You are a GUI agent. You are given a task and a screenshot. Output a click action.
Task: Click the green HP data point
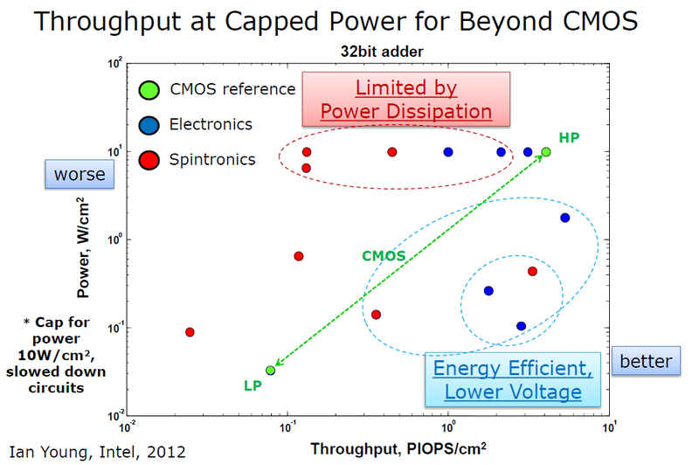[546, 152]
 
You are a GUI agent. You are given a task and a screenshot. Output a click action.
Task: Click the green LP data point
[271, 371]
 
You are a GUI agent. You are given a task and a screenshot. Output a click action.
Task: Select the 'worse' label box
[80, 175]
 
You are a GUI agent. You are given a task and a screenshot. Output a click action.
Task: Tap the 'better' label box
[647, 361]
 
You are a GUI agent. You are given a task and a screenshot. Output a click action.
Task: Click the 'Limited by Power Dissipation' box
[405, 100]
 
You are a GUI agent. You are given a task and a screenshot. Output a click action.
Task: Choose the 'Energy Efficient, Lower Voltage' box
[513, 379]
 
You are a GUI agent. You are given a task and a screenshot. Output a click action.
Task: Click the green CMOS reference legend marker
[149, 88]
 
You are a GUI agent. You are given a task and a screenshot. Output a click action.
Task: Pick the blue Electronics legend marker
[149, 124]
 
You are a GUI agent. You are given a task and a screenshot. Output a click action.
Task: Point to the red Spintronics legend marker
[149, 159]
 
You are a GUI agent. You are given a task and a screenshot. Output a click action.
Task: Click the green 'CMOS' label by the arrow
[384, 256]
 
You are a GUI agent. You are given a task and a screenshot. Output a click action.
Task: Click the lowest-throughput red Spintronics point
[190, 332]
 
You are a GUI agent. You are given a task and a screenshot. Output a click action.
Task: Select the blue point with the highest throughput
[564, 218]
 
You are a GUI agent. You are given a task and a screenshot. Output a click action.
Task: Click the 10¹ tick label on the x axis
[611, 428]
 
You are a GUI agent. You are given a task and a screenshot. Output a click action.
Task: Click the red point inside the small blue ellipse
[532, 271]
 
